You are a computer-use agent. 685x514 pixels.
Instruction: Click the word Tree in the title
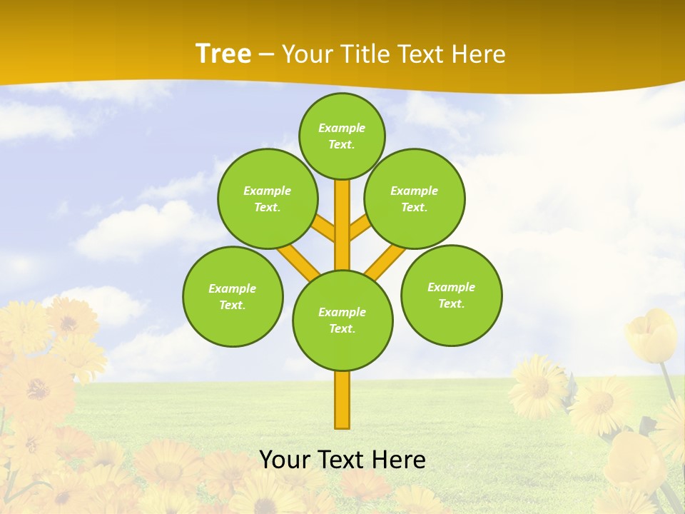(223, 54)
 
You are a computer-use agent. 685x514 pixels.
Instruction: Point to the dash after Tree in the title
(266, 55)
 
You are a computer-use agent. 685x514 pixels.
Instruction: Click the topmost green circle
(342, 136)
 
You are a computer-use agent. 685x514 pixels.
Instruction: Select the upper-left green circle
(268, 198)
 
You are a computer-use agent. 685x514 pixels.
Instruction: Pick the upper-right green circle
(415, 198)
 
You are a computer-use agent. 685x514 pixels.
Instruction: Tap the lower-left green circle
(233, 296)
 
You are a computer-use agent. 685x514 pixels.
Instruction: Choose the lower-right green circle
(451, 295)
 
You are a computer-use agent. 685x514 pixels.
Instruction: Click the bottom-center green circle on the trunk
(342, 320)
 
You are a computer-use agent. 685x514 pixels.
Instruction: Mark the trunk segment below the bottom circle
(342, 400)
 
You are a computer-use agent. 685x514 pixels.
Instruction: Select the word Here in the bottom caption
(400, 460)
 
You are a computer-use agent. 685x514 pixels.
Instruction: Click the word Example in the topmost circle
(342, 128)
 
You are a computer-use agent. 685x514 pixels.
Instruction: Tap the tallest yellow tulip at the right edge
(651, 334)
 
